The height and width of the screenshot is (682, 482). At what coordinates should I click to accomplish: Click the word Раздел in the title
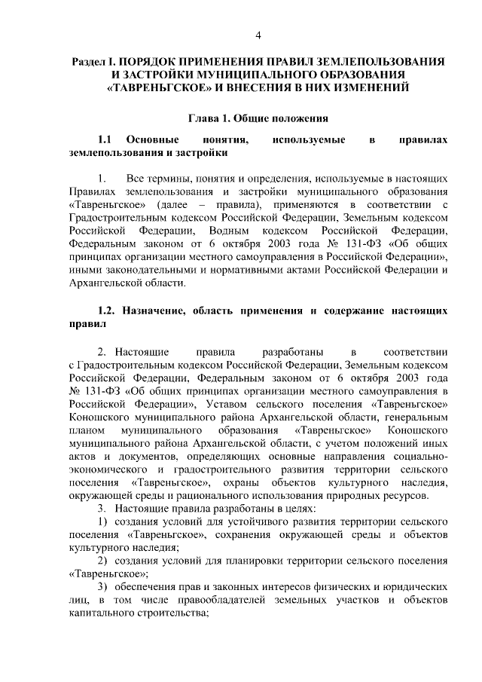pos(90,61)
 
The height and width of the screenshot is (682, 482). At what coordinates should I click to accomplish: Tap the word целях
pos(275,508)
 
